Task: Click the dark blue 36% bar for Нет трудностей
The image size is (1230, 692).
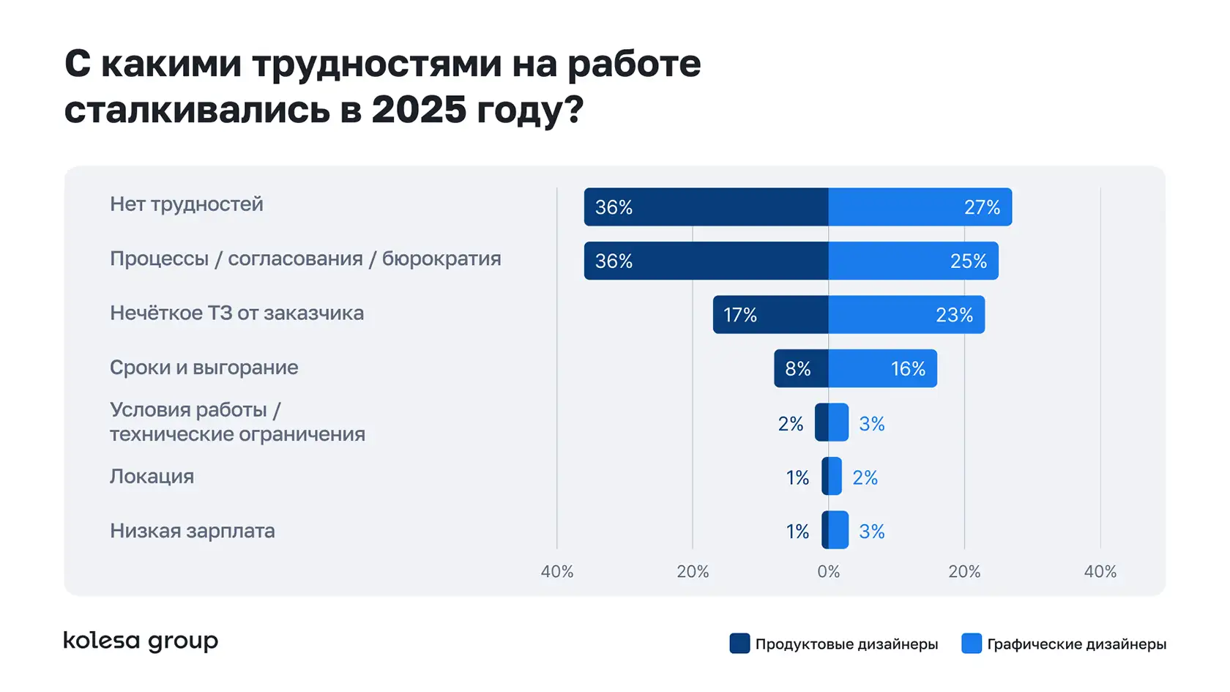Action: pyautogui.click(x=706, y=207)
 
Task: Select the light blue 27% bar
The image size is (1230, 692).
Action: pyautogui.click(x=920, y=207)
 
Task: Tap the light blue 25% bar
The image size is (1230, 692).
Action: pyautogui.click(x=913, y=261)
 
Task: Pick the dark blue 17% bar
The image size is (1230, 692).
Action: pyautogui.click(x=770, y=315)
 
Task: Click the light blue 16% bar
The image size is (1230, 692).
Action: pyautogui.click(x=882, y=368)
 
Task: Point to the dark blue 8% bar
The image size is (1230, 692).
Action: pyautogui.click(x=801, y=368)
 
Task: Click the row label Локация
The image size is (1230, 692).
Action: pyautogui.click(x=152, y=477)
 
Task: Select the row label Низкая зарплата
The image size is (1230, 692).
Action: pyautogui.click(x=192, y=531)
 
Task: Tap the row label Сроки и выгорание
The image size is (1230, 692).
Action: pyautogui.click(x=204, y=368)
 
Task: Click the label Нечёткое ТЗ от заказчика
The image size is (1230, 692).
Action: pyautogui.click(x=236, y=313)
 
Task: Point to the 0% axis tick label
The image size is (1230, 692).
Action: pyautogui.click(x=828, y=572)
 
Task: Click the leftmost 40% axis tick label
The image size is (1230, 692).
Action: pyautogui.click(x=556, y=572)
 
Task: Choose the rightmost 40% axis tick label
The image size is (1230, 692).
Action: pyautogui.click(x=1100, y=572)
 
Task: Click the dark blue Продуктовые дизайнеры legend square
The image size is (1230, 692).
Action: pyautogui.click(x=739, y=644)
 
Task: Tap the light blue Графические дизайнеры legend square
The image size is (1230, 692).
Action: pyautogui.click(x=971, y=644)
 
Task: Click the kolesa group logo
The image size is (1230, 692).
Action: pyautogui.click(x=141, y=641)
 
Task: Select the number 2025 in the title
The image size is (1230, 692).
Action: pyautogui.click(x=419, y=110)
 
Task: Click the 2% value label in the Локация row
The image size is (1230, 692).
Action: pyautogui.click(x=865, y=478)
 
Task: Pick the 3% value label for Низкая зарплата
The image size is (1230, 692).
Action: pyautogui.click(x=871, y=532)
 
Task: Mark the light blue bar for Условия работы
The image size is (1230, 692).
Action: pyautogui.click(x=838, y=423)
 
